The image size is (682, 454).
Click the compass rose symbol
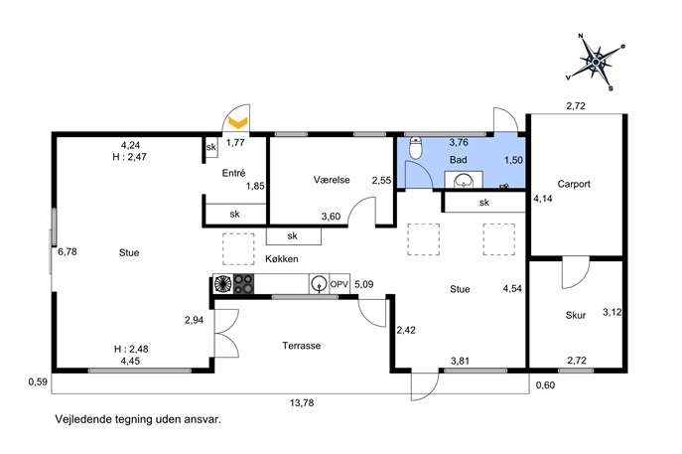(596, 62)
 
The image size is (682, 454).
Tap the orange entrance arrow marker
(238, 123)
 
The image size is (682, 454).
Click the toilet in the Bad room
(416, 148)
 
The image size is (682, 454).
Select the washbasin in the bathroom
(464, 180)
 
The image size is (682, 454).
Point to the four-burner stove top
(243, 284)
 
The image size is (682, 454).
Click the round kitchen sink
(320, 284)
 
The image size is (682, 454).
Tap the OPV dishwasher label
(340, 284)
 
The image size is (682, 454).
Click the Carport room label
(574, 184)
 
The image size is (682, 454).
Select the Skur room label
(576, 315)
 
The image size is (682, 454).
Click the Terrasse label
(302, 346)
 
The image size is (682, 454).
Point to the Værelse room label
(332, 180)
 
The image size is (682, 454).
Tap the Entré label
(233, 173)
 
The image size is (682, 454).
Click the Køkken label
(282, 259)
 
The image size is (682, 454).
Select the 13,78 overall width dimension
(302, 403)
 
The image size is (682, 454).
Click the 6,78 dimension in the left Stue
(68, 251)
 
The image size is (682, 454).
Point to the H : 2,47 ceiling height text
(130, 157)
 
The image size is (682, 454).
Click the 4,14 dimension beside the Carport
(543, 199)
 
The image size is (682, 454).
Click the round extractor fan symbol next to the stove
(223, 284)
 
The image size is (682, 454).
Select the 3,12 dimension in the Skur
(612, 312)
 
